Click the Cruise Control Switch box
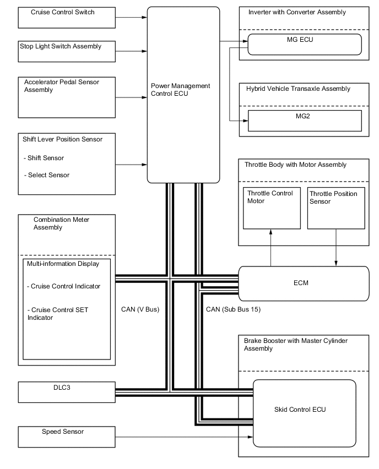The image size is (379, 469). [67, 17]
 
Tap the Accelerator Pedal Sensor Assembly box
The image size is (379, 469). [67, 97]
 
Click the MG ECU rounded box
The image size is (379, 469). [305, 44]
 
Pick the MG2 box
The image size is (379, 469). [305, 121]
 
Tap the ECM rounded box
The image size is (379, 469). [303, 283]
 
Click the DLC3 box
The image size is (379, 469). [67, 392]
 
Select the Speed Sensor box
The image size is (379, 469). [67, 436]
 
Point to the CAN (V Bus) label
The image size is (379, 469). [140, 309]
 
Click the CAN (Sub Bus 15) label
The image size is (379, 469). [233, 309]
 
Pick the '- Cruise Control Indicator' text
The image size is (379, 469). [63, 286]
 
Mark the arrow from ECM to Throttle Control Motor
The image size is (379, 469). [270, 248]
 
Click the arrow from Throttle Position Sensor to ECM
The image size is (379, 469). [336, 248]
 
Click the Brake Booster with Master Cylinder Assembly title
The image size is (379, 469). [295, 345]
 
